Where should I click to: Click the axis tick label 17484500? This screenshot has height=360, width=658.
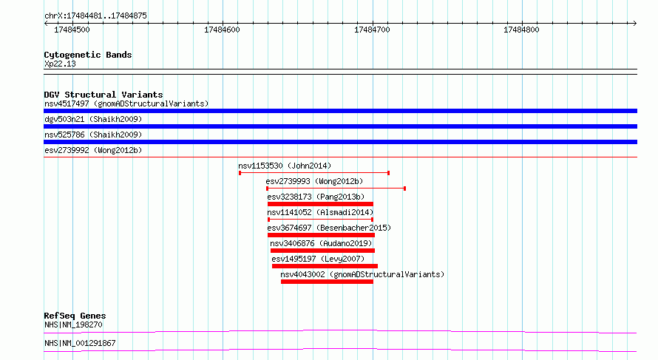click(x=72, y=30)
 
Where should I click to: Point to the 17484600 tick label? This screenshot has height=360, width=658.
click(x=222, y=30)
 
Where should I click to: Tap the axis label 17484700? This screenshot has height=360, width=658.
click(x=372, y=30)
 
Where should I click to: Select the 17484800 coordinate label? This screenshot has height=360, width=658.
click(x=521, y=30)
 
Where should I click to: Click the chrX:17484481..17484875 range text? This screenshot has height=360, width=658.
click(x=95, y=16)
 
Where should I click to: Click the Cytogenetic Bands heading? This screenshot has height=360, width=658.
click(x=88, y=55)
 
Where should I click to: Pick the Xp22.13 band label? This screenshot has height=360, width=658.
click(x=60, y=64)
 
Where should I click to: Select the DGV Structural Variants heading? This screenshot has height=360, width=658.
click(x=104, y=95)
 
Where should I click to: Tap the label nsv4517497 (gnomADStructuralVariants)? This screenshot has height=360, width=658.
click(x=126, y=103)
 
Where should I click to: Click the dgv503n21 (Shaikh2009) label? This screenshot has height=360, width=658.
click(x=93, y=119)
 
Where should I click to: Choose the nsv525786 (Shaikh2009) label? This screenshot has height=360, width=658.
click(x=93, y=135)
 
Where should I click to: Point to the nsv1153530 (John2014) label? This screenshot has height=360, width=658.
click(x=285, y=166)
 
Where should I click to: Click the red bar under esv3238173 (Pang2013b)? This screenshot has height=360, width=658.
click(x=320, y=204)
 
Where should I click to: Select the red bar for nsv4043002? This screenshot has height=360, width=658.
click(x=327, y=282)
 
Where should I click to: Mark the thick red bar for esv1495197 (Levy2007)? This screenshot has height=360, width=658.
click(x=325, y=266)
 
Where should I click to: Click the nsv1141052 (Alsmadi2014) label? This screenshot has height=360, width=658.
click(x=320, y=212)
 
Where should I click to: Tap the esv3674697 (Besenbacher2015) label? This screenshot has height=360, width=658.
click(x=329, y=228)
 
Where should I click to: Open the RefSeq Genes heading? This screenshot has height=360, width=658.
click(x=75, y=316)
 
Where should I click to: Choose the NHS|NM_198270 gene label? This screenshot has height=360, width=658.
click(x=73, y=325)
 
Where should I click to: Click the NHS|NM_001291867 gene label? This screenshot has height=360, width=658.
click(x=80, y=343)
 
